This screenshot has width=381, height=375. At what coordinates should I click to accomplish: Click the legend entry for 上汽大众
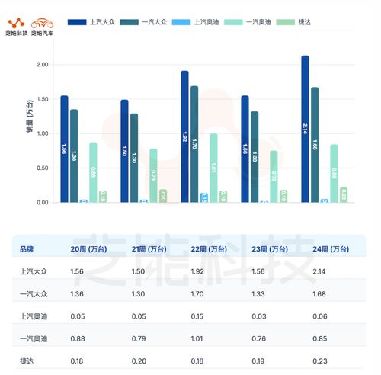coord(95,23)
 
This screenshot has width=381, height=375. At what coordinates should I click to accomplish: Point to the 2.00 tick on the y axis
coord(42,65)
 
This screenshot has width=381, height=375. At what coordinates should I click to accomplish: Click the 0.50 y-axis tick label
coord(42,168)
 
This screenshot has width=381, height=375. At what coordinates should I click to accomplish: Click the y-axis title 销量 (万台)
coord(29,117)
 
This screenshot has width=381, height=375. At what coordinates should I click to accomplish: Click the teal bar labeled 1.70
coord(194,143)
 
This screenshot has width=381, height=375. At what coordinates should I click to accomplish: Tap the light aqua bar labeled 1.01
coord(213,168)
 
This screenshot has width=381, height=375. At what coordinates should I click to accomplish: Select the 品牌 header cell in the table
coord(27,248)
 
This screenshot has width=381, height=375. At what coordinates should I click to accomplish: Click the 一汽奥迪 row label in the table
coord(32,338)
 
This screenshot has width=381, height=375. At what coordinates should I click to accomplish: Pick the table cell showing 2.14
coord(319,271)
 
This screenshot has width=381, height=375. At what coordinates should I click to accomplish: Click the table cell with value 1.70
coord(197,293)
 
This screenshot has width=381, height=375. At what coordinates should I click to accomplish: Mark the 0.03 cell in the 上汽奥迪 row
coord(258,316)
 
